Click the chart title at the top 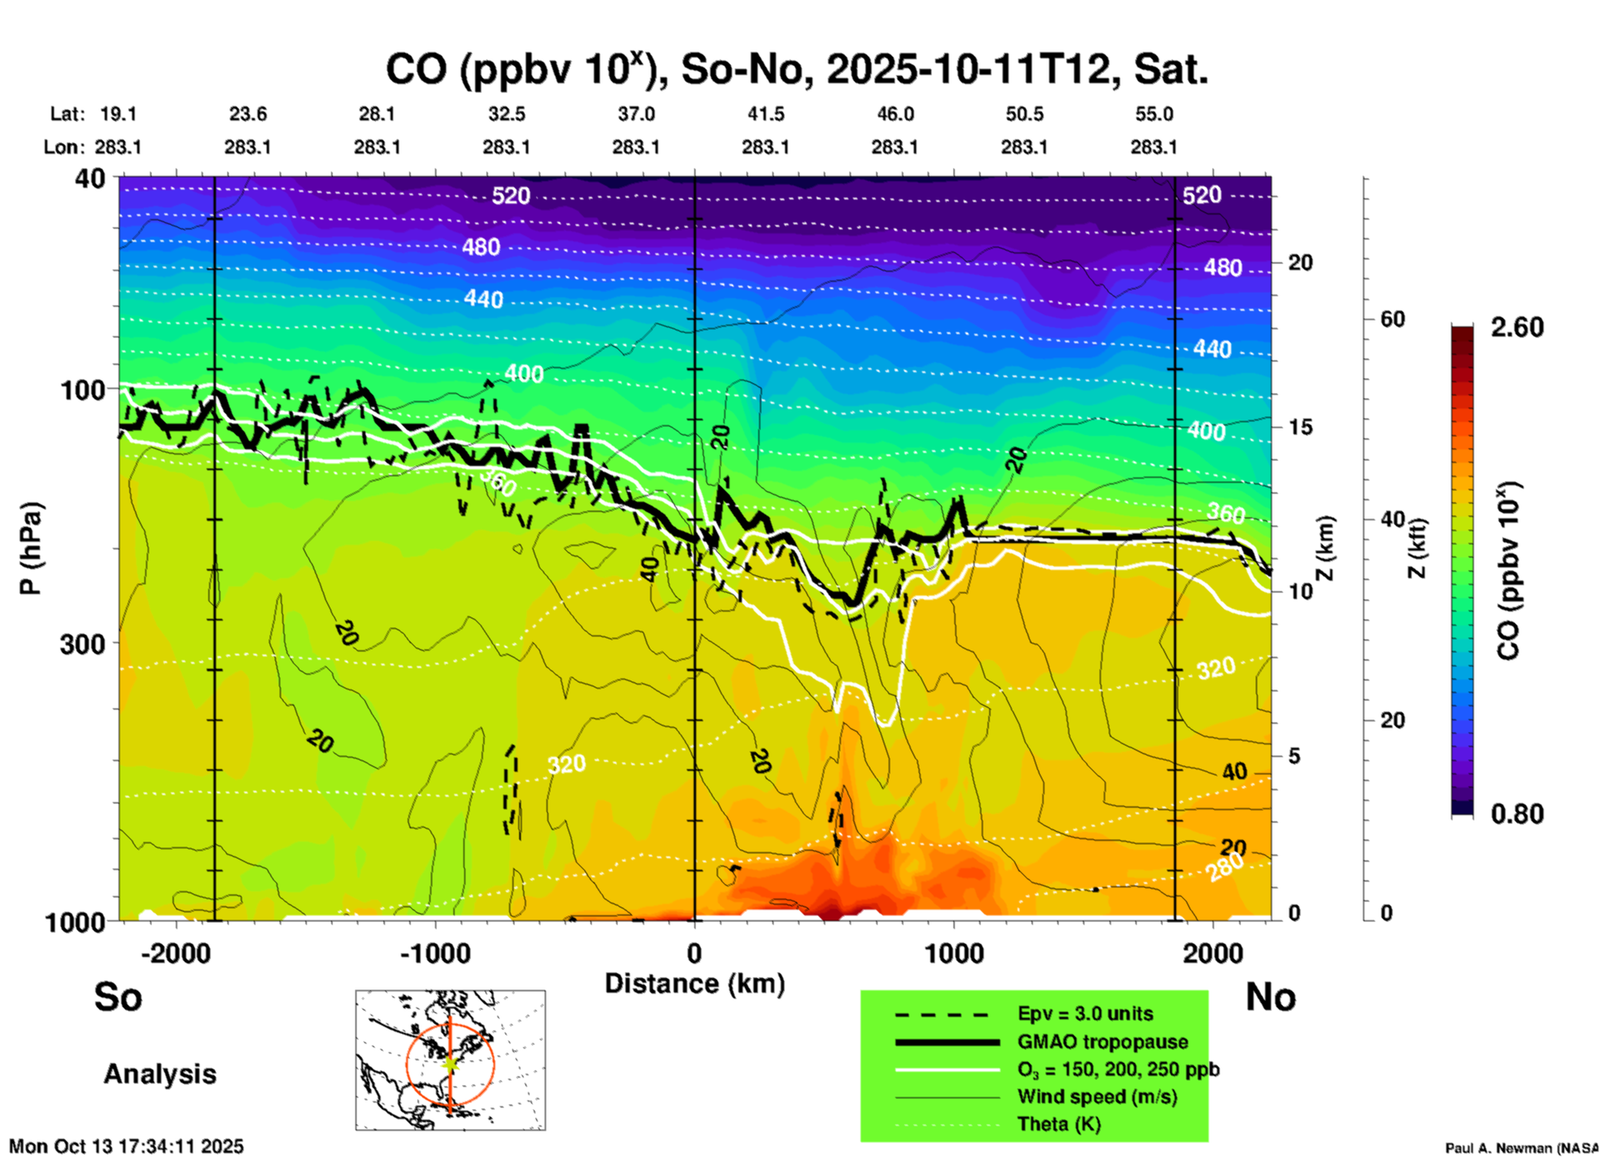[796, 70]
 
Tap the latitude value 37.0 [636, 114]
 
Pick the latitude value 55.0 [1154, 114]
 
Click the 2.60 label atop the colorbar [1517, 327]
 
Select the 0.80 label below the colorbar [1517, 814]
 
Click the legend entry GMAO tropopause [1102, 1042]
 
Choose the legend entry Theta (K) [1059, 1124]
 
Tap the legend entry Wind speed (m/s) [1097, 1097]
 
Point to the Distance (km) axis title [694, 984]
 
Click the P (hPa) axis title [30, 548]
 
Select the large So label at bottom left [118, 997]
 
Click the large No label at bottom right [1270, 997]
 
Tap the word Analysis [160, 1074]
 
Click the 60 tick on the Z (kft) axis [1392, 319]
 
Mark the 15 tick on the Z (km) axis [1300, 427]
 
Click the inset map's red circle [407, 1064]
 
